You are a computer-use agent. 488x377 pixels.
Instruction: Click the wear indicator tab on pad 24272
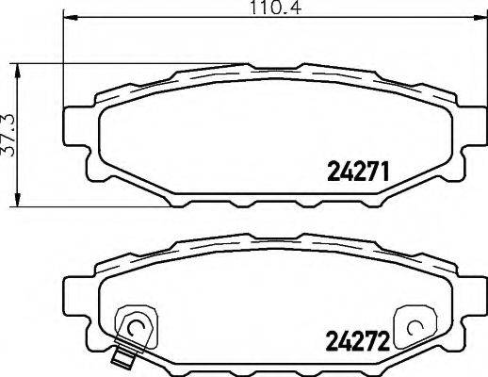pyautogui.click(x=120, y=357)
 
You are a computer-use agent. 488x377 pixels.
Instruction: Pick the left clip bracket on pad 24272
pyautogui.click(x=131, y=326)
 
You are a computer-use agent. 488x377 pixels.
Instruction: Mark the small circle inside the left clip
pyautogui.click(x=135, y=329)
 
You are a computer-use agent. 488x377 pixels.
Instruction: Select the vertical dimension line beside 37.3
pyautogui.click(x=16, y=133)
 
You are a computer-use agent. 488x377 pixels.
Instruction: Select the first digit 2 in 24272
pyautogui.click(x=333, y=337)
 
